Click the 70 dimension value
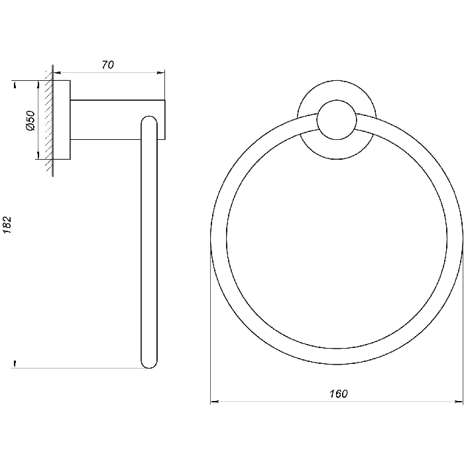(107, 65)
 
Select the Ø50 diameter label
(30, 121)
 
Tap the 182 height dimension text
(7, 225)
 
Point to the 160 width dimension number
(339, 394)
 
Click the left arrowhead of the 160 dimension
(214, 402)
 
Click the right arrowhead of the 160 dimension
(459, 402)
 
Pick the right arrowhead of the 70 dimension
(160, 72)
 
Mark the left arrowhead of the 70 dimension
(57, 72)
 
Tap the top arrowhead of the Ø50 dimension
(38, 84)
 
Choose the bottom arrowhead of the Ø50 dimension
(38, 155)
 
